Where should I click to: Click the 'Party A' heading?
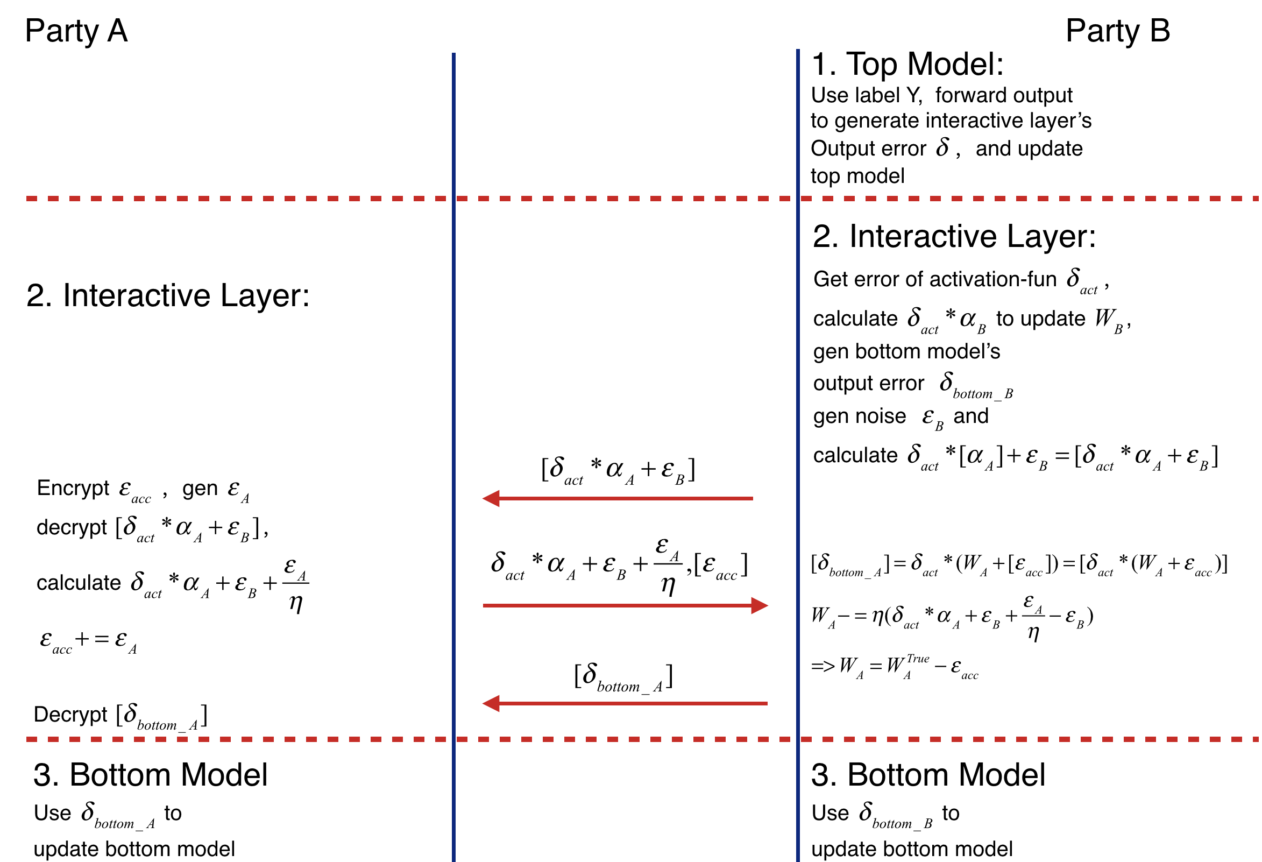76,31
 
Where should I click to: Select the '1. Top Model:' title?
907,64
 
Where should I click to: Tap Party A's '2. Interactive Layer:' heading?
167,295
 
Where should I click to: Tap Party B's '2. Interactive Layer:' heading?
954,236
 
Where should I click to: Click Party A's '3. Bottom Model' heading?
151,774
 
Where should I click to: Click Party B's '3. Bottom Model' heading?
927,774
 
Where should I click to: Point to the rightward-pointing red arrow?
625,605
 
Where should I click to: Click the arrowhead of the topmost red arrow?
492,498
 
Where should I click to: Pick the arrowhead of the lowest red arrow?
492,703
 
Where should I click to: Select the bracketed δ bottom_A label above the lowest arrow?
623,677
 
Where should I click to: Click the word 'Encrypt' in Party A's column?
73,487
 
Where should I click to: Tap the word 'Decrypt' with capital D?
70,714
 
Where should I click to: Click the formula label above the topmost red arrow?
618,470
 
